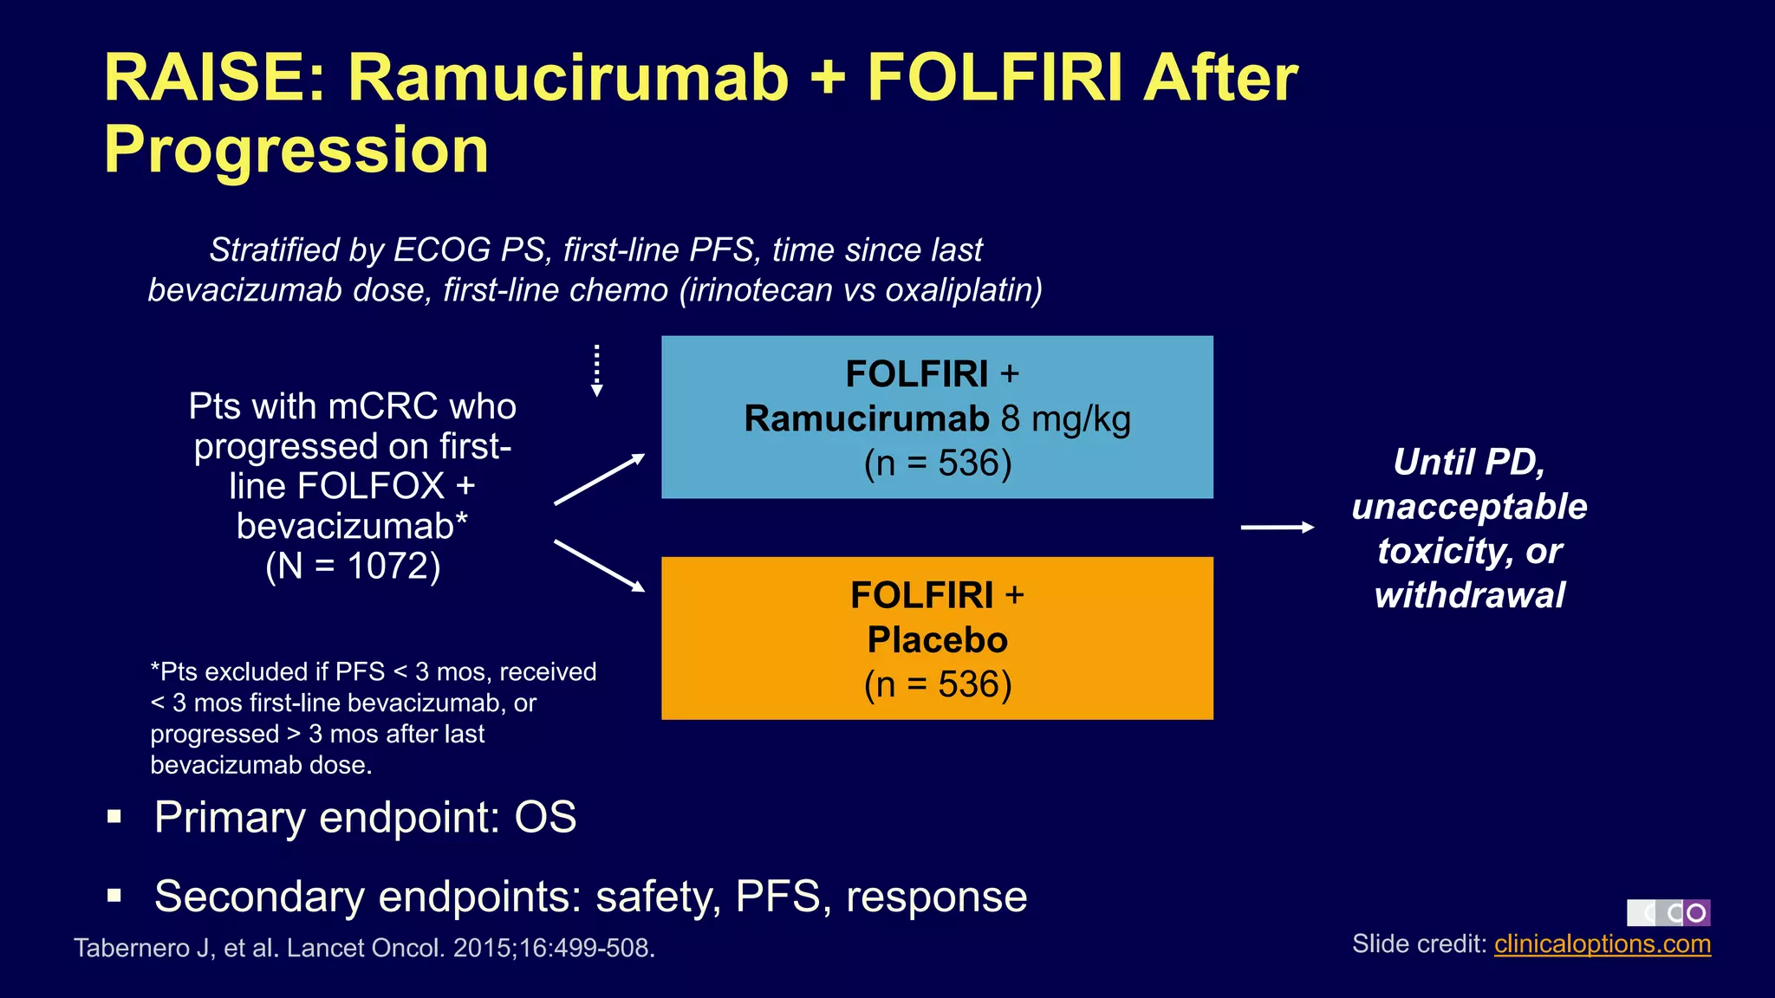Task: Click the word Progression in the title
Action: pyautogui.click(x=296, y=150)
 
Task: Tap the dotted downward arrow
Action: pyautogui.click(x=596, y=371)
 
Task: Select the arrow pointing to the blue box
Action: pyautogui.click(x=600, y=479)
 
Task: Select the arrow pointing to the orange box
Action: pyautogui.click(x=600, y=567)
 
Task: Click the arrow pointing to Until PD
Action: pyautogui.click(x=1278, y=527)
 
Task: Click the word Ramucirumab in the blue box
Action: pyautogui.click(x=866, y=419)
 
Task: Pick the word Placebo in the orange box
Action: pyautogui.click(x=938, y=640)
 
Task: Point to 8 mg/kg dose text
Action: pyautogui.click(x=1066, y=419)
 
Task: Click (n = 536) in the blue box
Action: pyautogui.click(x=938, y=463)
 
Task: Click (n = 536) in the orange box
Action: pyautogui.click(x=938, y=685)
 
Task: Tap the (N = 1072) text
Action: pyautogui.click(x=353, y=567)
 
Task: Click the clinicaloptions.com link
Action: pyautogui.click(x=1602, y=944)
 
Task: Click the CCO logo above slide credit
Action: pyautogui.click(x=1668, y=912)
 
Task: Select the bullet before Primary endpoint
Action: pyautogui.click(x=114, y=817)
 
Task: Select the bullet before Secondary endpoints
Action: pyautogui.click(x=114, y=896)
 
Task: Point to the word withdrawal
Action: pyautogui.click(x=1470, y=596)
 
